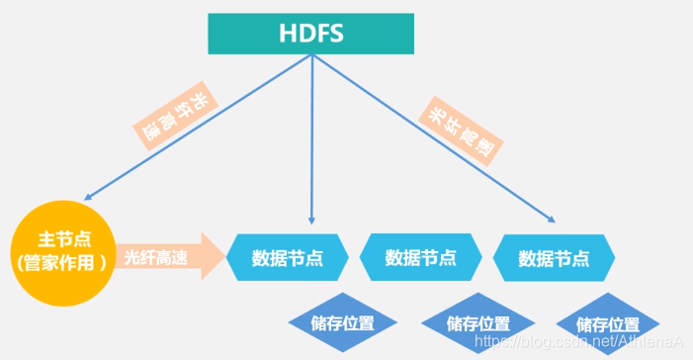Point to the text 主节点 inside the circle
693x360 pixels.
61,239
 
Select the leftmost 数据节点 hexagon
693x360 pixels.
287,258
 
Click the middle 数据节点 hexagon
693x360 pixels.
420,258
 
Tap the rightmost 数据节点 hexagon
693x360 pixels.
554,258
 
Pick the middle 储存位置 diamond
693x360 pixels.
477,323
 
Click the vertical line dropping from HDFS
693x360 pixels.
312,138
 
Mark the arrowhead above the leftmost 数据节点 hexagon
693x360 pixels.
312,218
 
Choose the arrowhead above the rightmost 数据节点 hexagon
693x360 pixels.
549,219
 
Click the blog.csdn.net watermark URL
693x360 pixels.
578,341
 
